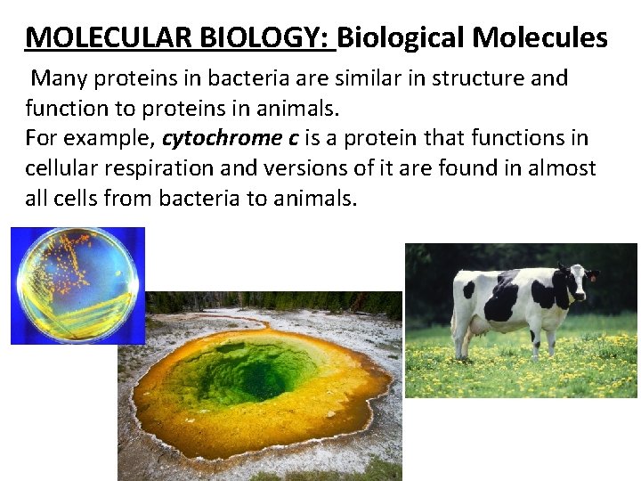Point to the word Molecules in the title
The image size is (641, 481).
(x=540, y=38)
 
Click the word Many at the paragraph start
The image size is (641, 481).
(x=60, y=78)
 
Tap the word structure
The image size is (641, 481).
(x=475, y=78)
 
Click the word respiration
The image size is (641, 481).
(x=167, y=168)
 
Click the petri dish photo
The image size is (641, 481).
(x=77, y=285)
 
